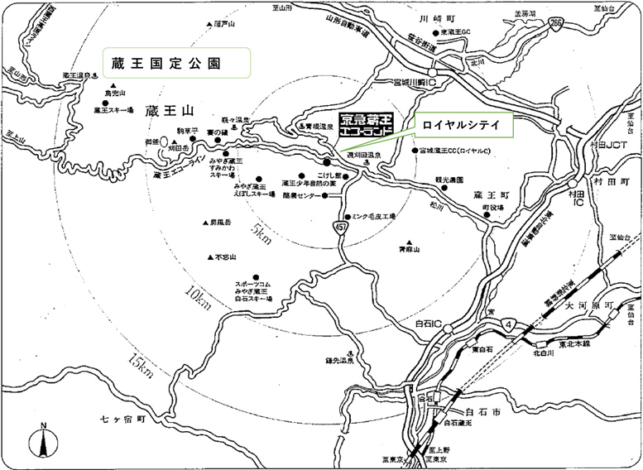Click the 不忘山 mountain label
(224, 257)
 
